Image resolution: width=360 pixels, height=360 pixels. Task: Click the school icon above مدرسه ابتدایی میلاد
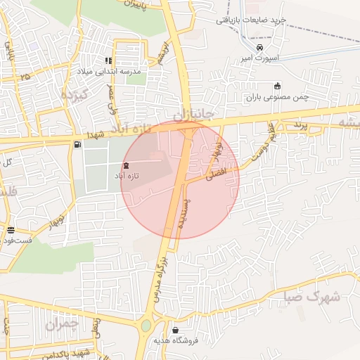(109, 61)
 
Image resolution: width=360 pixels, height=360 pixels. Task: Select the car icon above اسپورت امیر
(260, 48)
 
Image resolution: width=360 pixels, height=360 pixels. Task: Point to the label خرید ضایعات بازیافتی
(250, 20)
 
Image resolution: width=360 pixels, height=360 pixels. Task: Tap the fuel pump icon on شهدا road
(77, 144)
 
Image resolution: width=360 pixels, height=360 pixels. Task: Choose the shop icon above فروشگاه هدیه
(174, 330)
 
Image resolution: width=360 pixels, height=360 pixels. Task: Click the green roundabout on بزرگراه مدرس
(146, 326)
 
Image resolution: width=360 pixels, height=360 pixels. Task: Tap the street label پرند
(300, 125)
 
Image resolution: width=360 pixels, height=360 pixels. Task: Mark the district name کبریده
(73, 94)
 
